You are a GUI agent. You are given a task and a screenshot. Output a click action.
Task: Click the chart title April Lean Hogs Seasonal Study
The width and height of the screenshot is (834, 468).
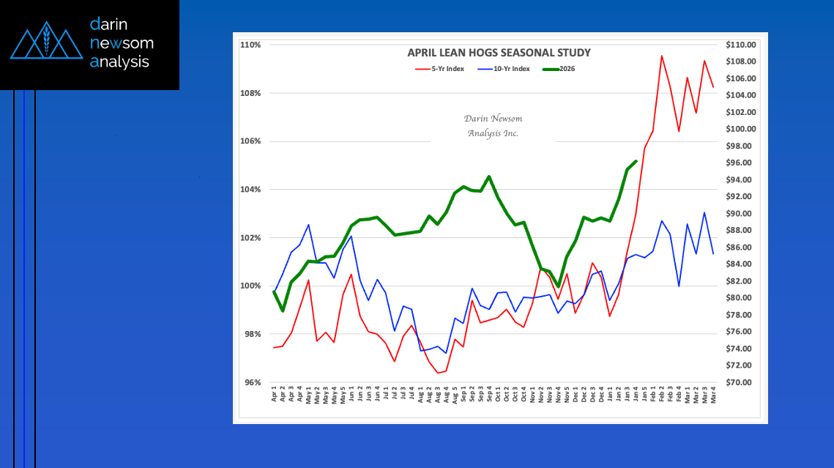(499, 53)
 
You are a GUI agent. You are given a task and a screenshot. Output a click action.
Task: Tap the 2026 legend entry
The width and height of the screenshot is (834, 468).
(565, 69)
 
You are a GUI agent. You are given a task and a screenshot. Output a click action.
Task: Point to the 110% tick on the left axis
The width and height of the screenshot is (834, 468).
(250, 45)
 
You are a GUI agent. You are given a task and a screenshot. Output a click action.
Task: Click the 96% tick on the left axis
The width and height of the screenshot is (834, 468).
(252, 382)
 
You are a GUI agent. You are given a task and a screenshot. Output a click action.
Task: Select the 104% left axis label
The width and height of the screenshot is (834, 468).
(250, 190)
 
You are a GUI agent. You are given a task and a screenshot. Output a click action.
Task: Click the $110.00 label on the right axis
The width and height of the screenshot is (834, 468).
(740, 45)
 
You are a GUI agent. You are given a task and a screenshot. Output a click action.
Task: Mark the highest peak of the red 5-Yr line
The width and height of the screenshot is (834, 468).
(661, 56)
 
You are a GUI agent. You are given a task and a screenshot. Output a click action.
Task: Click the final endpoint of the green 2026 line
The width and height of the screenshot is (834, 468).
(636, 161)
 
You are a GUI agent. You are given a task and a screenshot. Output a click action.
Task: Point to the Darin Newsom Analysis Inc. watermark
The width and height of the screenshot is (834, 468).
(493, 126)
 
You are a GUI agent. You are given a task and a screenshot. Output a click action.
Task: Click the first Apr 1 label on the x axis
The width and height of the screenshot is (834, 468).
(275, 396)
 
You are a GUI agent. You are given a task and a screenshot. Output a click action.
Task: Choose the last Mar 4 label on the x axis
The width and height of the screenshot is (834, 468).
(713, 396)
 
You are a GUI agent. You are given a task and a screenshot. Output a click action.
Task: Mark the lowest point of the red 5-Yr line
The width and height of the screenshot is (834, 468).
(438, 373)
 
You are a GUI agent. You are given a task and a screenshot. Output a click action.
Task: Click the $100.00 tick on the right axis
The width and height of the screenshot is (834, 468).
(740, 129)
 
